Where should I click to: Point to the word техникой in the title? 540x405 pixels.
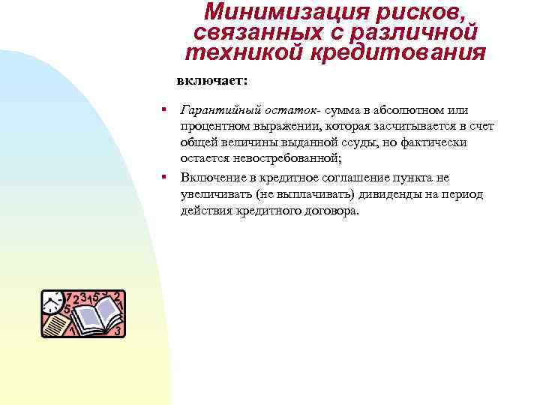[238, 52]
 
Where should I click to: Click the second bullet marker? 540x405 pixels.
[162, 177]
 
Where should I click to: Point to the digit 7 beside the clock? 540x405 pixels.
[69, 298]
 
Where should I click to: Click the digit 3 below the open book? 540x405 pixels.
[118, 330]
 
